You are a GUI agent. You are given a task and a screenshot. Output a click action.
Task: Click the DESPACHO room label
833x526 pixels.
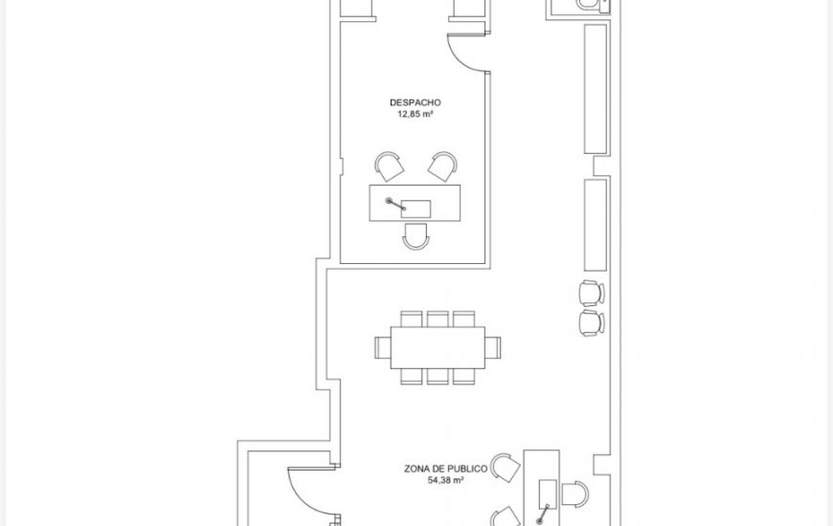pyautogui.click(x=415, y=102)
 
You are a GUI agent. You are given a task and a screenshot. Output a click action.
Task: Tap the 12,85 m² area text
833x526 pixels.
pyautogui.click(x=415, y=114)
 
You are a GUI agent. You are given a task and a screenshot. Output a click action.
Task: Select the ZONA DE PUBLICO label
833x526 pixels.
pyautogui.click(x=446, y=469)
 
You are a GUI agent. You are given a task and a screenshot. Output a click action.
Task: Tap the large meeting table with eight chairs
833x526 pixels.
pyautogui.click(x=438, y=348)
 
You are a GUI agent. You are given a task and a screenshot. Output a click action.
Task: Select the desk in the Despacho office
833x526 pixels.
pyautogui.click(x=415, y=203)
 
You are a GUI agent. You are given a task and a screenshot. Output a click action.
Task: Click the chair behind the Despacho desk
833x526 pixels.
pyautogui.click(x=416, y=236)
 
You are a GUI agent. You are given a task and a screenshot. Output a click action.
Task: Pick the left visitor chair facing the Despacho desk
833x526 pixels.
pyautogui.click(x=390, y=166)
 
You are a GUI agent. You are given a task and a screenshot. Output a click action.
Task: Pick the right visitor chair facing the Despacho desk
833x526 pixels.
pyautogui.click(x=442, y=166)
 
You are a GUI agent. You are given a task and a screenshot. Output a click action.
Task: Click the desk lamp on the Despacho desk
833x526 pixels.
pyautogui.click(x=395, y=205)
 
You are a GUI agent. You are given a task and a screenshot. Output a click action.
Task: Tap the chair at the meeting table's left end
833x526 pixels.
pyautogui.click(x=382, y=348)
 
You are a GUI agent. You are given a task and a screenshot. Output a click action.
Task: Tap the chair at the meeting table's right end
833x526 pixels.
pyautogui.click(x=493, y=348)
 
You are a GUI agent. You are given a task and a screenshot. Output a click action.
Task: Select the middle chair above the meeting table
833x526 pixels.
pyautogui.click(x=438, y=319)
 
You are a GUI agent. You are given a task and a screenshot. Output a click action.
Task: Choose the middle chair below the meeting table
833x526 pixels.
pyautogui.click(x=438, y=376)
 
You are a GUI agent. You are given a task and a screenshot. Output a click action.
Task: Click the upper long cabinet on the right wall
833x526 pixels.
pyautogui.click(x=596, y=89)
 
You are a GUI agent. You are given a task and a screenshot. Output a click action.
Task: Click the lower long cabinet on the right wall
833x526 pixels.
pyautogui.click(x=596, y=226)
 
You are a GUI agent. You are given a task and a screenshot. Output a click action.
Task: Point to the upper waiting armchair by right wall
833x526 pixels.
pyautogui.click(x=592, y=293)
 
